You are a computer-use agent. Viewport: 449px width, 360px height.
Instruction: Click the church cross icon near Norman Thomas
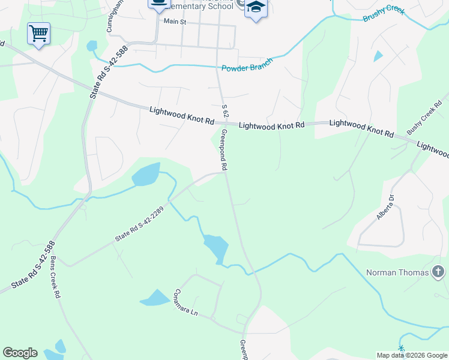[x=438, y=272]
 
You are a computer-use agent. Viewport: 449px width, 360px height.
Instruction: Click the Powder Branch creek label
[x=247, y=65]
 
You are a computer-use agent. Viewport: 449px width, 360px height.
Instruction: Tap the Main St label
[x=176, y=22]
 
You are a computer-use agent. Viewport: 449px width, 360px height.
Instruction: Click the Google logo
[x=20, y=353]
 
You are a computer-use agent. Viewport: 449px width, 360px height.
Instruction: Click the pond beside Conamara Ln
[x=155, y=298]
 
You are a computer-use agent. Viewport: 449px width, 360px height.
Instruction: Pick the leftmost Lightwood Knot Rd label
[x=181, y=116]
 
